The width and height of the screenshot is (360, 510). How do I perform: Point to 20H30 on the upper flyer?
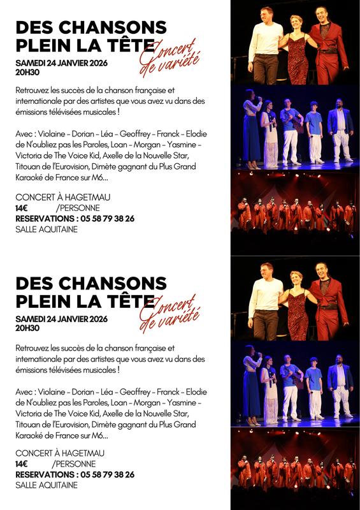click(27, 73)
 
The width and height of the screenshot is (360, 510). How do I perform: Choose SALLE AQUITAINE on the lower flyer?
click(46, 485)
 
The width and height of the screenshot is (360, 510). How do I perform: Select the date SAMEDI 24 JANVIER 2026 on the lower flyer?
click(61, 319)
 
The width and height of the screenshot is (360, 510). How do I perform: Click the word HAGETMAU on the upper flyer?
click(79, 197)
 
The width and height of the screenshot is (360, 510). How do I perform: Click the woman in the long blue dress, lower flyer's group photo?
click(251, 389)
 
